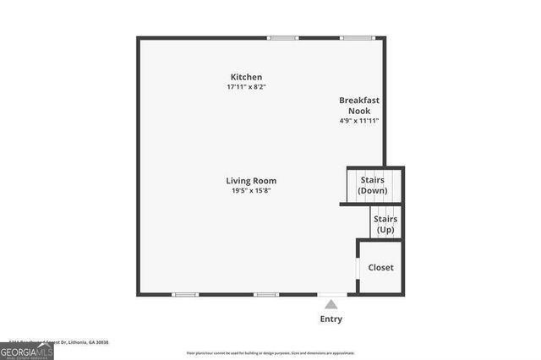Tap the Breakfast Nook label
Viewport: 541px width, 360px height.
(x=359, y=105)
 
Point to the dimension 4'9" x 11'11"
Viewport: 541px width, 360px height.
(x=359, y=121)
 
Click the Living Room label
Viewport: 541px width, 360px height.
(x=251, y=181)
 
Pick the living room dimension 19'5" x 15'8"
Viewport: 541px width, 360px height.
(x=251, y=191)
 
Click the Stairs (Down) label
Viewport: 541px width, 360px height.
(x=373, y=185)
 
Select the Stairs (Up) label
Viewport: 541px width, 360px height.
(x=385, y=224)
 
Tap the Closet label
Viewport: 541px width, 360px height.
(x=380, y=268)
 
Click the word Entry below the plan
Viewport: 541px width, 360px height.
(x=331, y=319)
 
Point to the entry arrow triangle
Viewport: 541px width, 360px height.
(x=331, y=303)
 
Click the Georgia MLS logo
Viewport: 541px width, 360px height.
(x=26, y=350)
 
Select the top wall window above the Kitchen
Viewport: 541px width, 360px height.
(x=283, y=37)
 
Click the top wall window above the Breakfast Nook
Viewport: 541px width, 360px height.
(x=355, y=37)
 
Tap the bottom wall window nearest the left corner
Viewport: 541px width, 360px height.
(x=185, y=294)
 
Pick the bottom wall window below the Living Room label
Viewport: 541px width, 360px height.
(x=266, y=294)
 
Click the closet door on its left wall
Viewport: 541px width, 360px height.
(x=358, y=268)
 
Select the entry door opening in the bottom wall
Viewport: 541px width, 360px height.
(x=331, y=294)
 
